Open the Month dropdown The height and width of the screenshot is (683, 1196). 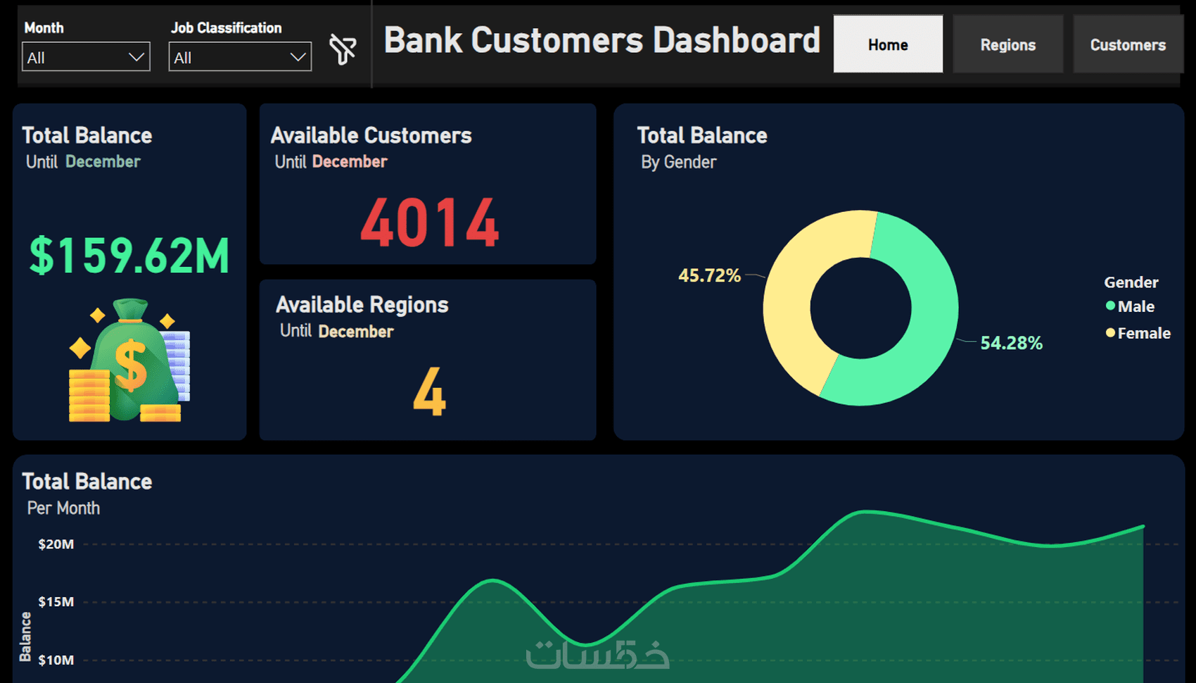pyautogui.click(x=86, y=57)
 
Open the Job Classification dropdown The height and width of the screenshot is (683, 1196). pyautogui.click(x=239, y=57)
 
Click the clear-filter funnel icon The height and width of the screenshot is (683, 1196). pyautogui.click(x=343, y=49)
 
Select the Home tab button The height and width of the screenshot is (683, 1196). pyautogui.click(x=888, y=44)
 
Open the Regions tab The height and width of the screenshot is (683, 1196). pyautogui.click(x=1007, y=44)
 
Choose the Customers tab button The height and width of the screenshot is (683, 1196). pyautogui.click(x=1128, y=44)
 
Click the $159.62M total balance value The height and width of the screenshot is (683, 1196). pyautogui.click(x=129, y=255)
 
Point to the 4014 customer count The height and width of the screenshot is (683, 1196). pyautogui.click(x=429, y=223)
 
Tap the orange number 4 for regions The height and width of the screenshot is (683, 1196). pyautogui.click(x=429, y=392)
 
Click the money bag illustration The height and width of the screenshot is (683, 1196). pyautogui.click(x=130, y=361)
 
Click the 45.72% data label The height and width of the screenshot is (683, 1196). pyautogui.click(x=709, y=275)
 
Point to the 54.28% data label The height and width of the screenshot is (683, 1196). pyautogui.click(x=1011, y=343)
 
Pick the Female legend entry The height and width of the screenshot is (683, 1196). pyautogui.click(x=1138, y=333)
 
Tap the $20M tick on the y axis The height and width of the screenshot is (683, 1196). pyautogui.click(x=56, y=544)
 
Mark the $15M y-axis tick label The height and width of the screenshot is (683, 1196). pyautogui.click(x=56, y=602)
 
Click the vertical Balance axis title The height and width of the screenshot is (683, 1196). pyautogui.click(x=25, y=637)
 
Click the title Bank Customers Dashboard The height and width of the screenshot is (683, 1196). pyautogui.click(x=602, y=40)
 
